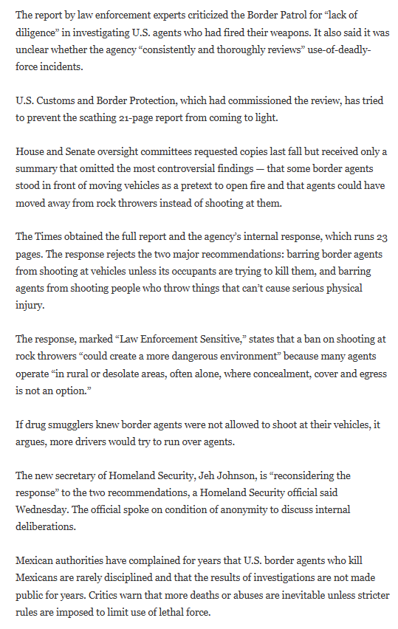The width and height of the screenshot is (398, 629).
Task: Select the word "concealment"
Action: point(271,373)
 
